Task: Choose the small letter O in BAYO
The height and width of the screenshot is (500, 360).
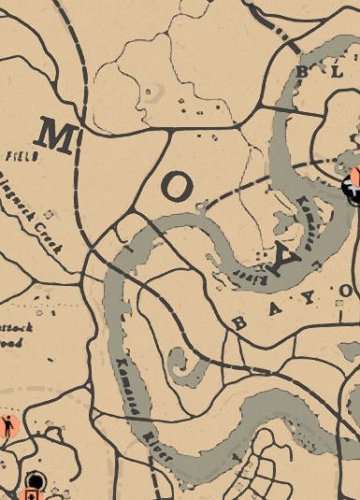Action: coord(345,293)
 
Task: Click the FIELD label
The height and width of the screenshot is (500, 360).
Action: coord(21,157)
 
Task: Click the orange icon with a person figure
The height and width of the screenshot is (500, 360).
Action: coord(8,426)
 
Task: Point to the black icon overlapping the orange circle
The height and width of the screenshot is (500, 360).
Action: coord(352,190)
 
